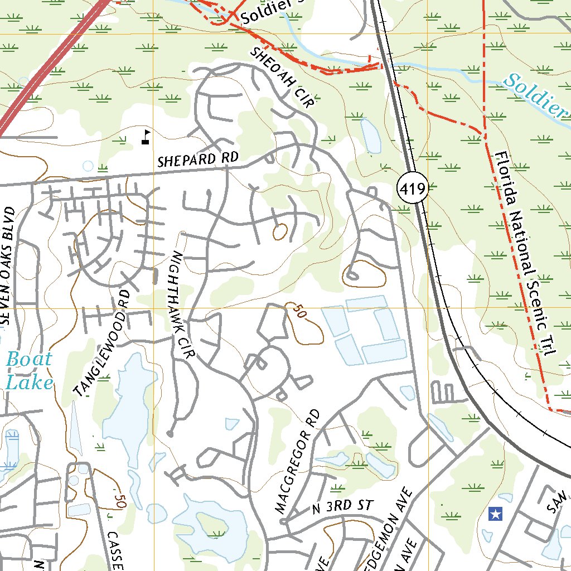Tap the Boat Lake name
point(29,371)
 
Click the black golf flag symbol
point(146,137)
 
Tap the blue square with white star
point(495,514)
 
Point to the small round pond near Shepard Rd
point(88,166)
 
